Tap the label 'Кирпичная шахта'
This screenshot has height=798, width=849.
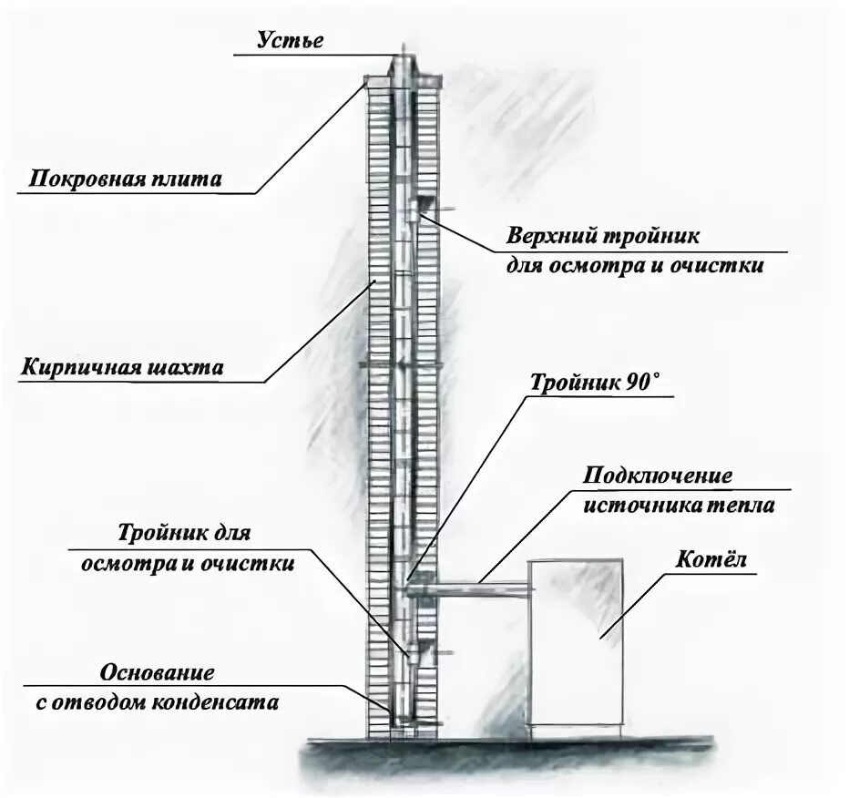click(x=122, y=369)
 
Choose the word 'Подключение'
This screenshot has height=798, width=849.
click(x=658, y=476)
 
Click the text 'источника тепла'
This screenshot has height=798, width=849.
click(x=679, y=506)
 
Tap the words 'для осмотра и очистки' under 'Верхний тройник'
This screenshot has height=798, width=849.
click(x=634, y=266)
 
